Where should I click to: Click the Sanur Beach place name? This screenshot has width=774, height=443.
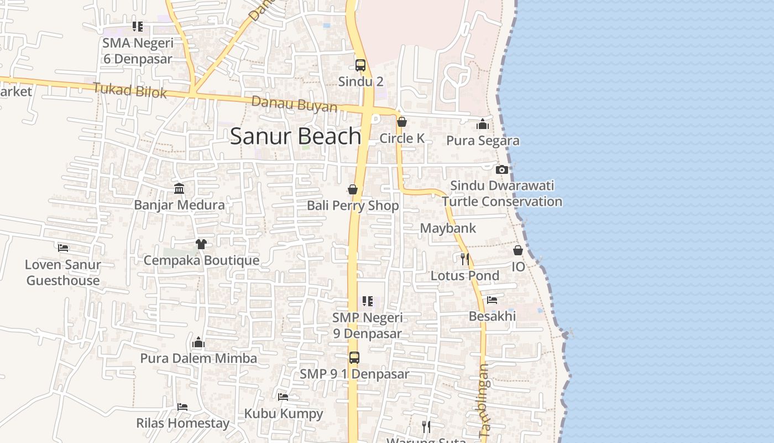[295, 136]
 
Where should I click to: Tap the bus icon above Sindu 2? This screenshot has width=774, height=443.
[360, 65]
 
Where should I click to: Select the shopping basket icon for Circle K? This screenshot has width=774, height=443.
[402, 122]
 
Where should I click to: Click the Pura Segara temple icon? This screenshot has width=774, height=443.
[483, 124]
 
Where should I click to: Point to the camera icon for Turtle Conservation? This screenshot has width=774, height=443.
[501, 169]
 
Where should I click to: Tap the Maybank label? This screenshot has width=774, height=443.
[448, 228]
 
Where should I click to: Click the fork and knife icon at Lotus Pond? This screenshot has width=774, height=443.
[465, 259]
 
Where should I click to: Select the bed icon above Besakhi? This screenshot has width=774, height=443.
[492, 300]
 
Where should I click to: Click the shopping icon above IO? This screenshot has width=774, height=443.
[518, 250]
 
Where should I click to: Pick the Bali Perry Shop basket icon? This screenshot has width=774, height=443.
[353, 189]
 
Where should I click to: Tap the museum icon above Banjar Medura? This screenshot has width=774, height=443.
[179, 189]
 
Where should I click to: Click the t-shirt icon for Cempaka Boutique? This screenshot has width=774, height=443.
[201, 244]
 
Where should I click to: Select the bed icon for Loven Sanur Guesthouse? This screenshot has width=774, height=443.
[63, 248]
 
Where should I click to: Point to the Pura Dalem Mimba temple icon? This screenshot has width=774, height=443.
[198, 342]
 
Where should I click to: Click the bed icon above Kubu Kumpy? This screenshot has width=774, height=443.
[283, 396]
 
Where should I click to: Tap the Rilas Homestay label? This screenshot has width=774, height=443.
[182, 424]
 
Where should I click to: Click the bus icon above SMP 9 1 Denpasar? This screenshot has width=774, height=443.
[354, 358]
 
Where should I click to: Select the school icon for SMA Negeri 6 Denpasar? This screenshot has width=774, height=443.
[138, 27]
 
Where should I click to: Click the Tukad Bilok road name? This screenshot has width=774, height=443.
[130, 90]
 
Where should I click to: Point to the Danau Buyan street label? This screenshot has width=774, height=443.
[294, 104]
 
